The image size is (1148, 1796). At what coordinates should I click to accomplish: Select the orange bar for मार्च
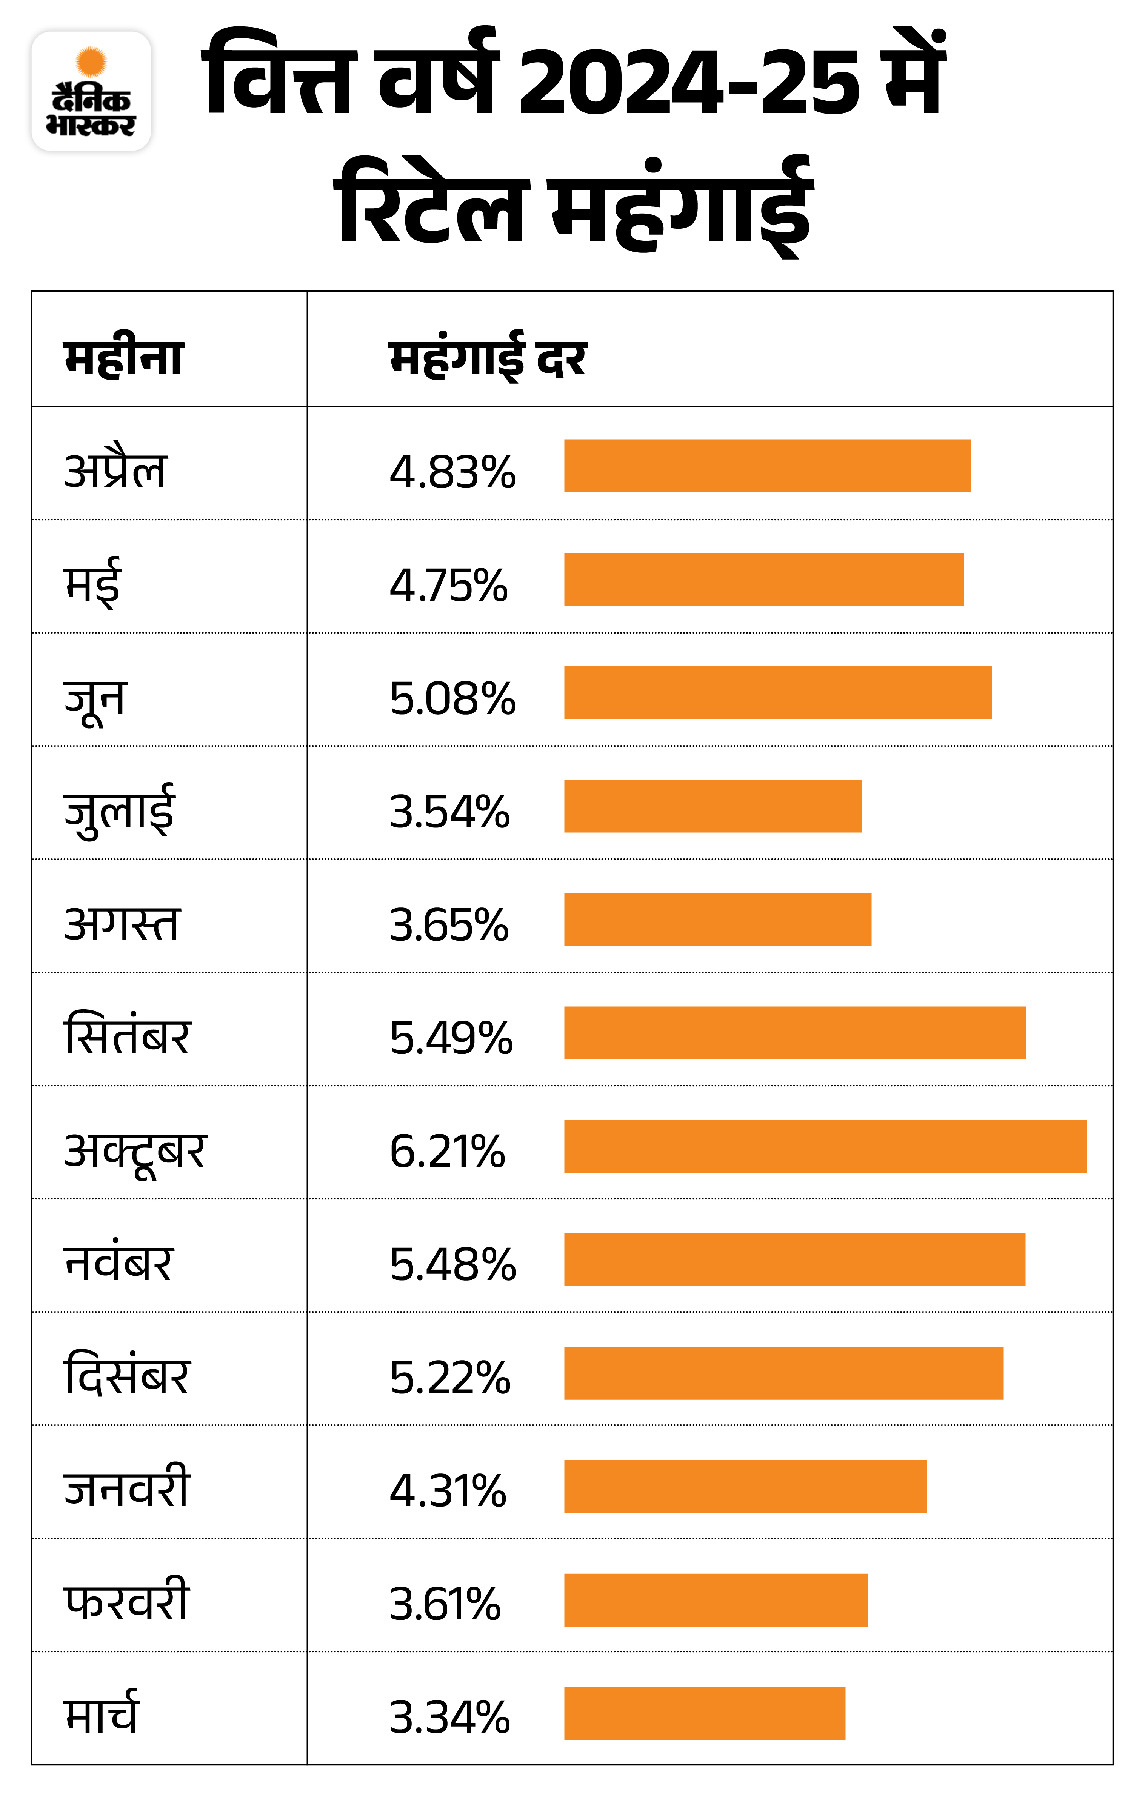click(704, 1713)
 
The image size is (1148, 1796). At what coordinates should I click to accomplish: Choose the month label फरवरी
click(127, 1601)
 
